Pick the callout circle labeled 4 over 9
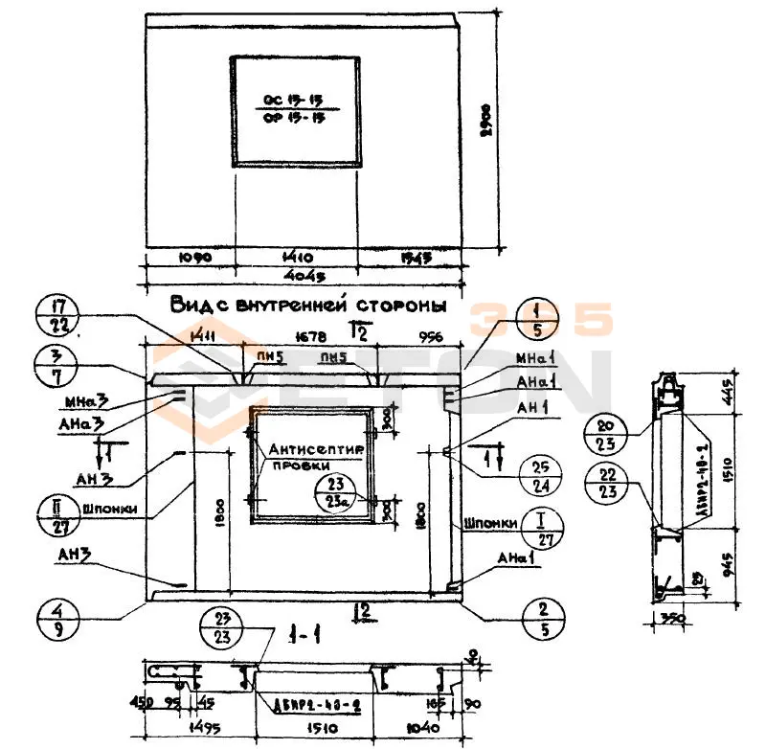(x=56, y=619)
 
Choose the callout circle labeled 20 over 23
(x=607, y=434)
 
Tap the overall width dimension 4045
(x=302, y=277)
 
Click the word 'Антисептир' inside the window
(x=309, y=448)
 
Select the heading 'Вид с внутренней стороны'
(x=308, y=306)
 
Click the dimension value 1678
(x=308, y=336)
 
